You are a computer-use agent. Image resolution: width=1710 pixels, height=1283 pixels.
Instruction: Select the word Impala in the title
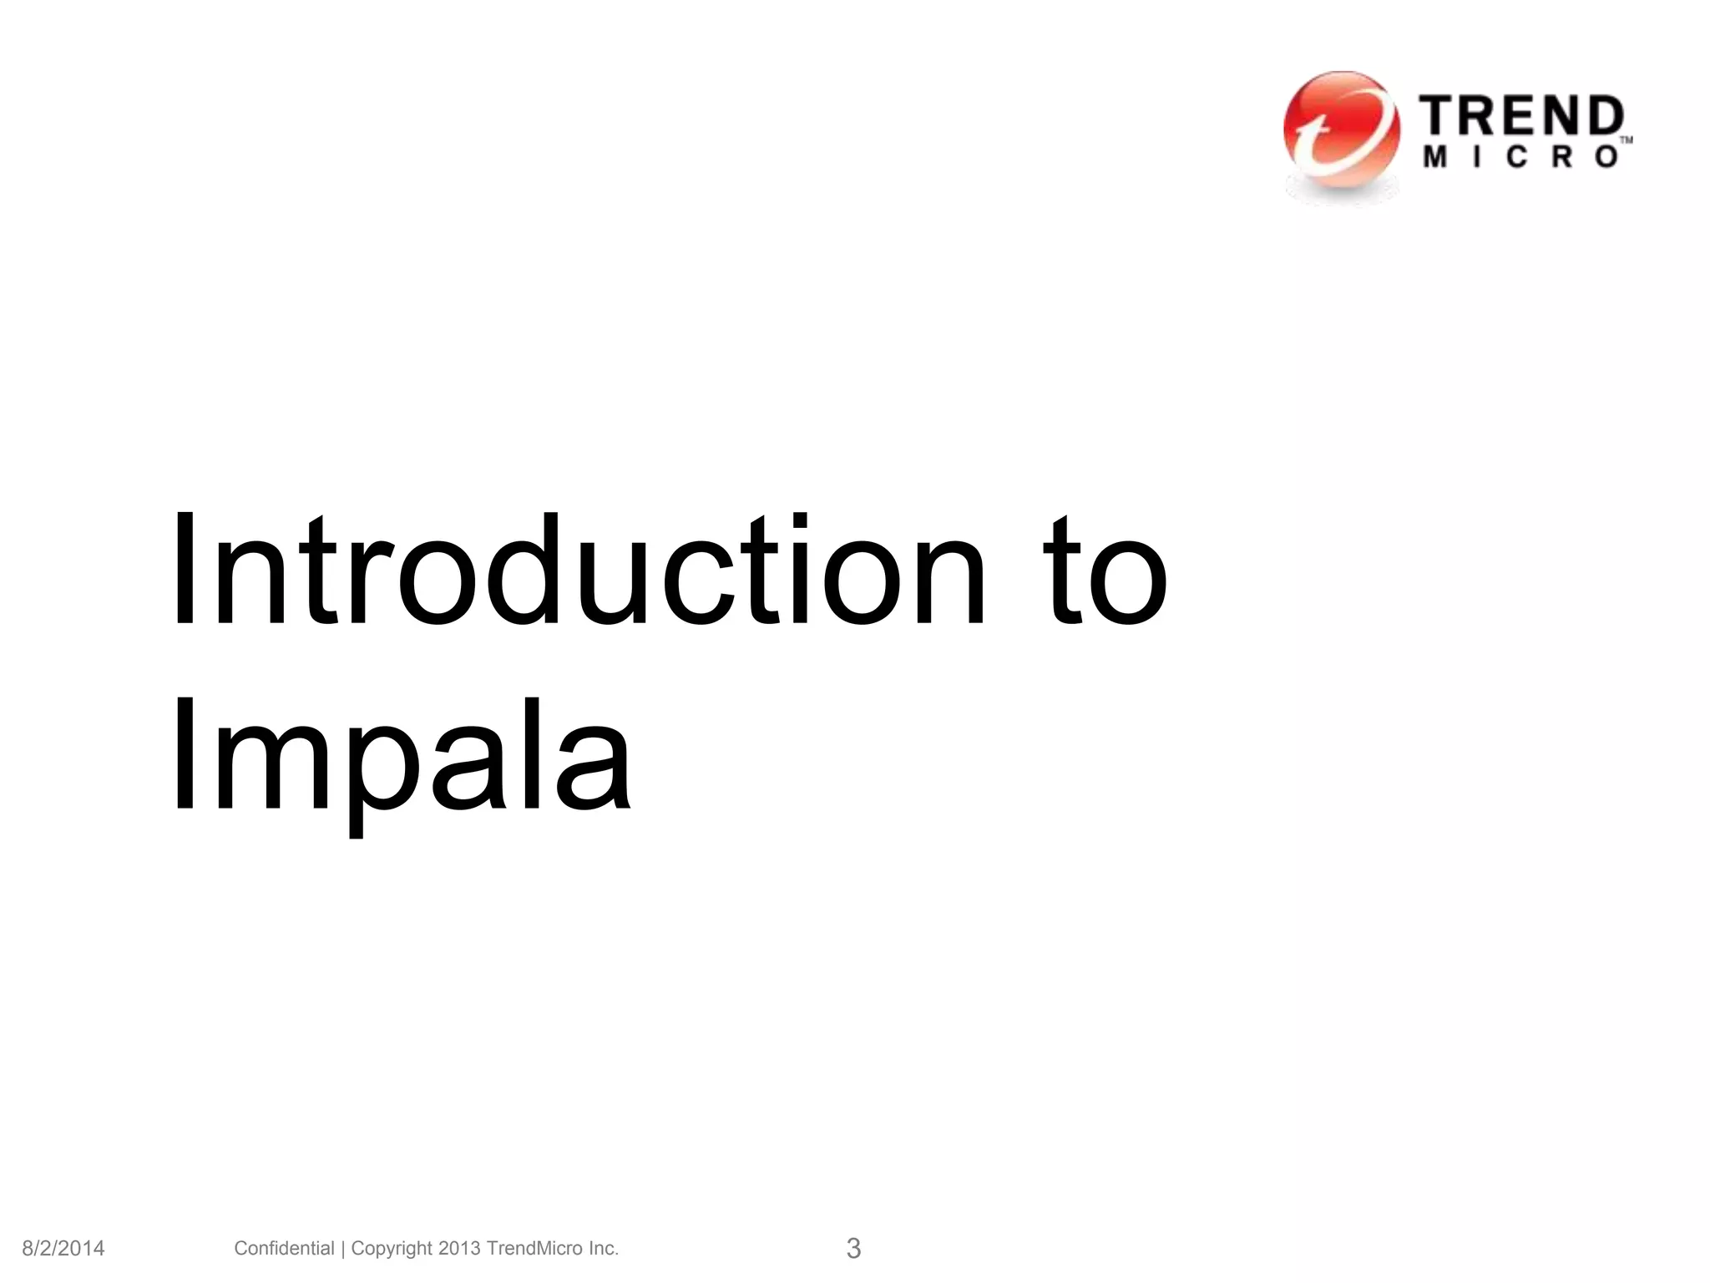coord(400,756)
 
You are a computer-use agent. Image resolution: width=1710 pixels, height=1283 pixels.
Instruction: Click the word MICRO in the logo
coord(1521,157)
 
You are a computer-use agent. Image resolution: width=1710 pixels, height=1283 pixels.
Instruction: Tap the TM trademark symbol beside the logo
coord(1627,141)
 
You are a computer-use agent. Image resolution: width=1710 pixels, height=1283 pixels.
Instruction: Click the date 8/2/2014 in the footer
coord(63,1249)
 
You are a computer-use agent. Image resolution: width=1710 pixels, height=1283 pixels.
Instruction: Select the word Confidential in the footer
coord(284,1248)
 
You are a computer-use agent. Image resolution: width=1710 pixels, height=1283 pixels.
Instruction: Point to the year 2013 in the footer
coord(459,1248)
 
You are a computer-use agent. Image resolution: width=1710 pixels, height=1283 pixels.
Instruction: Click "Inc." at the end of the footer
coord(603,1248)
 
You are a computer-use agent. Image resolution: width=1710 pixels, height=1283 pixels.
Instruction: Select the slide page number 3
coord(853,1248)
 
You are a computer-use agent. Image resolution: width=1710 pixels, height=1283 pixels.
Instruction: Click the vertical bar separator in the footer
coord(342,1249)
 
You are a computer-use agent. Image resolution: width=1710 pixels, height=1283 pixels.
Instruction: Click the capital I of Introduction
coord(182,570)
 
